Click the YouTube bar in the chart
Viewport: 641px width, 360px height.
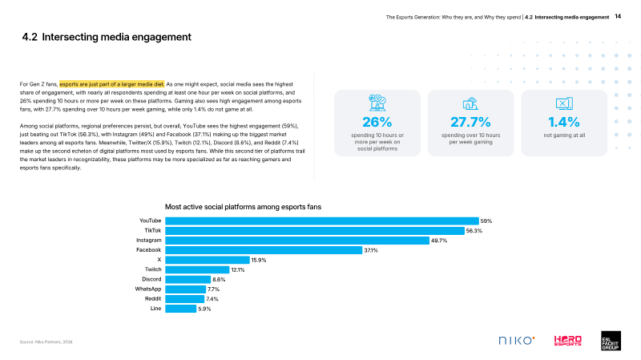click(x=322, y=221)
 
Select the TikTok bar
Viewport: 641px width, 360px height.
click(x=315, y=231)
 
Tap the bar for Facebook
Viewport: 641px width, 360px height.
click(x=264, y=250)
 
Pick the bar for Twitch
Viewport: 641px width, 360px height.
click(x=197, y=269)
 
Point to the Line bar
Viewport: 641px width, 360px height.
click(x=181, y=309)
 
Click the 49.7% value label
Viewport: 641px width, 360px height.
click(x=439, y=241)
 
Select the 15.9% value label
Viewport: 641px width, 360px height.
click(x=259, y=261)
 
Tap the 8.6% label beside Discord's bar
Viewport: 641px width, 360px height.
click(x=219, y=279)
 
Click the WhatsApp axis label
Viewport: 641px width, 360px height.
click(x=148, y=289)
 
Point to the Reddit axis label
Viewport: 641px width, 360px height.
click(x=153, y=298)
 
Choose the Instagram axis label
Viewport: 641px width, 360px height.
click(x=149, y=241)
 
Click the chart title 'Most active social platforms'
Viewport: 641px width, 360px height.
click(x=243, y=207)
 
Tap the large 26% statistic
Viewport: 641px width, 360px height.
click(x=377, y=122)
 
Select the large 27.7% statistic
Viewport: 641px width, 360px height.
click(x=470, y=122)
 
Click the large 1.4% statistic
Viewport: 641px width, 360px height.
click(x=564, y=122)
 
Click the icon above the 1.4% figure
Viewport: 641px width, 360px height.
click(x=564, y=103)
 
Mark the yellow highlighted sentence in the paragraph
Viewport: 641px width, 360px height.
click(x=112, y=84)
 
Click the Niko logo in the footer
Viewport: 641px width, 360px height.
click(x=517, y=341)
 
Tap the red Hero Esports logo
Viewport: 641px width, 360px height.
click(x=568, y=341)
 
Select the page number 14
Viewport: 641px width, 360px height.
click(x=618, y=16)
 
